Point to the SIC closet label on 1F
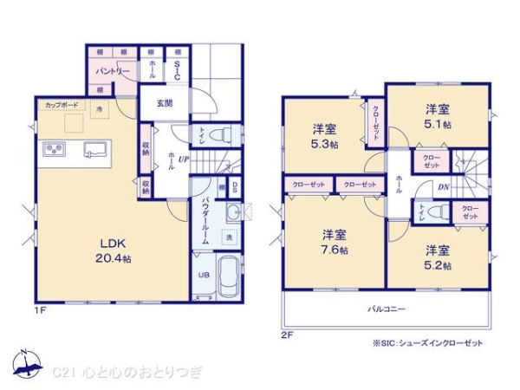pos(177,70)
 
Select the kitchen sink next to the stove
pos(94,151)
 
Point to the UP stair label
pos(184,159)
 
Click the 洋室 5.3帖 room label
pos(326,136)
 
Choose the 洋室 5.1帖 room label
pos(438,117)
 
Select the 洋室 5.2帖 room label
pos(438,257)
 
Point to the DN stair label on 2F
pos(442,187)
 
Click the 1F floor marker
pos(40,309)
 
